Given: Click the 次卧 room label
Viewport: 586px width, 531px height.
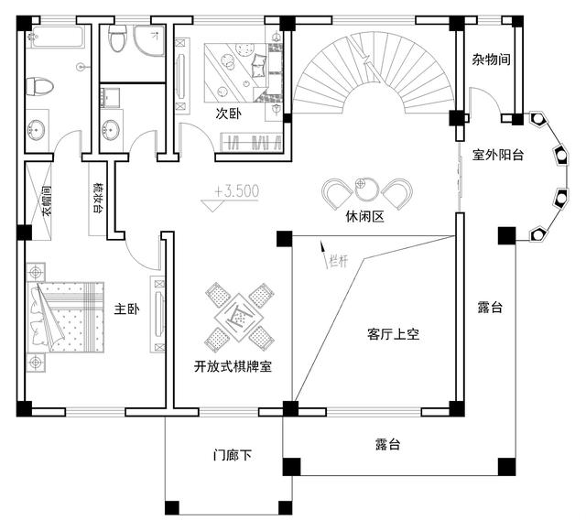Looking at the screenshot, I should (x=229, y=114).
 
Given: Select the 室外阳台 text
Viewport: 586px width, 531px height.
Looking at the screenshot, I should (x=498, y=155).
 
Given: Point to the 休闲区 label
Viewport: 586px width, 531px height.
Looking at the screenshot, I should (x=365, y=218).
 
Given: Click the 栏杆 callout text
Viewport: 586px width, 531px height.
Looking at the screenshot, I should (x=338, y=260).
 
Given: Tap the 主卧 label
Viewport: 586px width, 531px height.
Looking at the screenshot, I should (x=126, y=310).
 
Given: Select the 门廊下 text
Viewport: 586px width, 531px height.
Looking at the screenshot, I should (x=233, y=454).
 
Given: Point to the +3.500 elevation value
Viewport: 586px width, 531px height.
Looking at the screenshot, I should (x=237, y=191).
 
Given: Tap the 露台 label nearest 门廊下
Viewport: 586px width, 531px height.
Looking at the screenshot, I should (x=388, y=445).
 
